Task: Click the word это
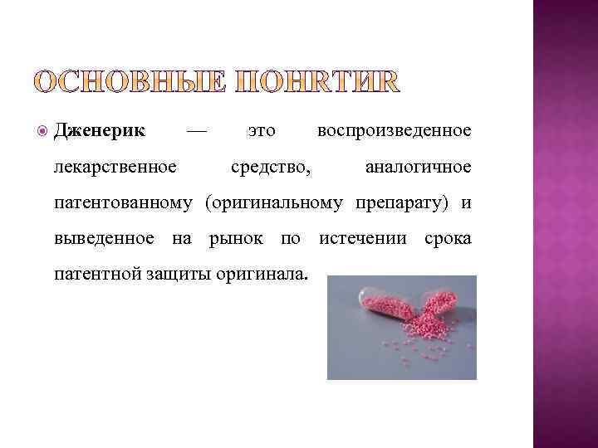click(262, 131)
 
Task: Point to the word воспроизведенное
click(394, 131)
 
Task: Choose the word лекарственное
click(115, 168)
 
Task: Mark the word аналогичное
click(418, 168)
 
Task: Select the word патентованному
click(124, 203)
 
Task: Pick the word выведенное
click(104, 239)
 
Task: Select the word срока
click(448, 239)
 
